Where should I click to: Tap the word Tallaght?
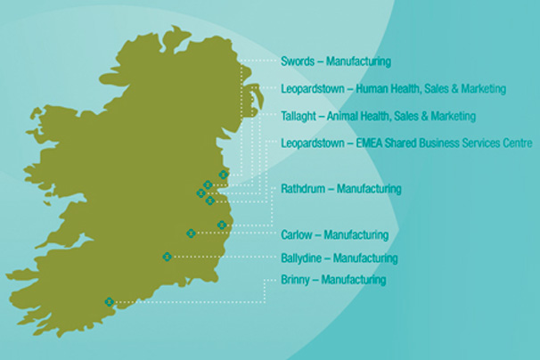click(300, 117)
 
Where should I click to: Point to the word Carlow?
click(297, 235)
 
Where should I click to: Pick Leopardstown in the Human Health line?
click(314, 89)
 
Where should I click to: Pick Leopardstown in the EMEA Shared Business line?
click(314, 143)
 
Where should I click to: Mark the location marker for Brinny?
click(109, 302)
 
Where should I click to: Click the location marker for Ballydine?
click(167, 258)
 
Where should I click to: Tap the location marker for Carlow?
click(191, 233)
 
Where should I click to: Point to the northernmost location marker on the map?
click(223, 175)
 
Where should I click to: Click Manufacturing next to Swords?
click(358, 62)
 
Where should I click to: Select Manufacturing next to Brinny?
click(354, 280)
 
